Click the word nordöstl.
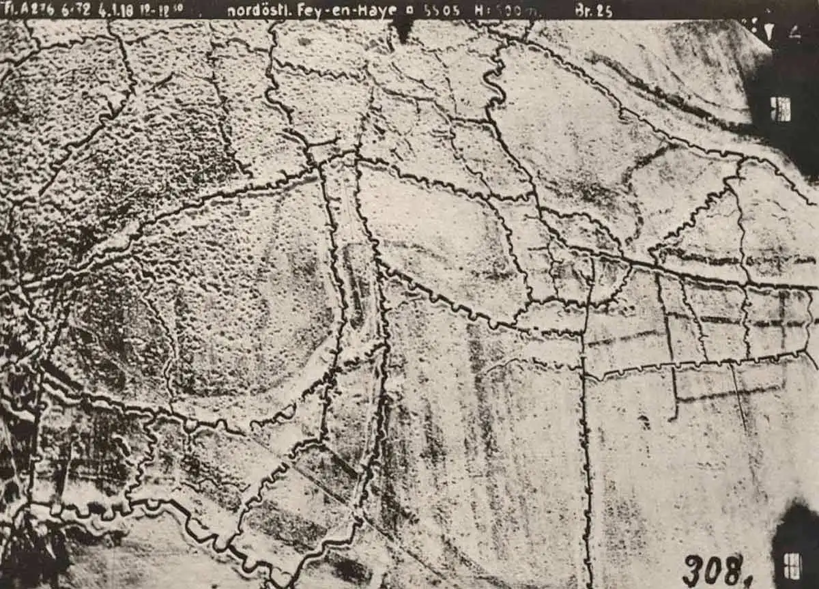pyautogui.click(x=257, y=11)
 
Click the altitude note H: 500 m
pyautogui.click(x=508, y=11)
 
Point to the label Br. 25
pyautogui.click(x=593, y=11)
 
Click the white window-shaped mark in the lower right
pyautogui.click(x=792, y=565)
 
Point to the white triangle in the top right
pyautogui.click(x=770, y=31)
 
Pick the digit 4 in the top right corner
pyautogui.click(x=795, y=30)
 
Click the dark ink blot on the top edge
pyautogui.click(x=403, y=27)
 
